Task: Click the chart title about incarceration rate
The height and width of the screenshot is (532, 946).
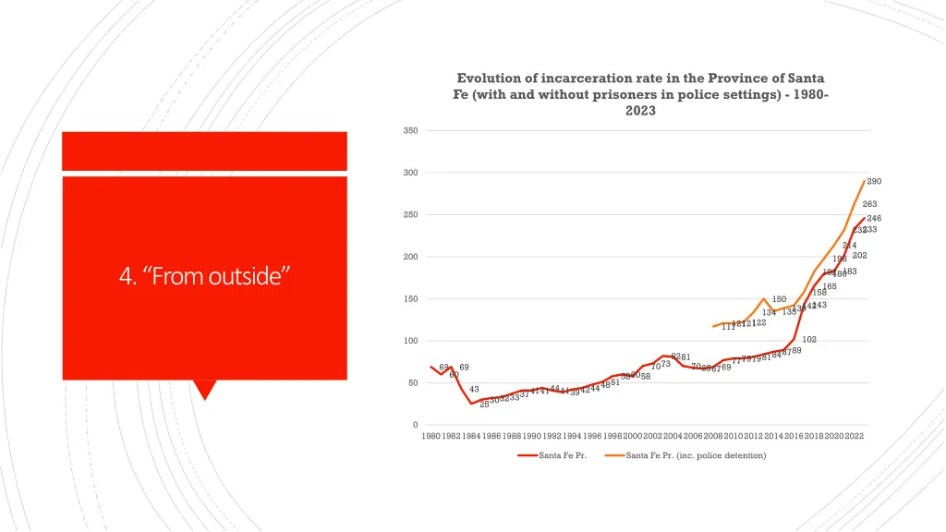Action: click(x=640, y=94)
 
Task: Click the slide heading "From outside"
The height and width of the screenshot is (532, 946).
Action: click(x=204, y=275)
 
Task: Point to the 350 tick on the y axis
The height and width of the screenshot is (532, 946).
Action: click(x=410, y=131)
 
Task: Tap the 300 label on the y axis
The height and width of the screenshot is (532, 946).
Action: click(x=410, y=173)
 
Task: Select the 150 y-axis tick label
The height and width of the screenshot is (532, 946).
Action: click(x=410, y=299)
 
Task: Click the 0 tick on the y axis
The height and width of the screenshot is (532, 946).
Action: click(x=415, y=425)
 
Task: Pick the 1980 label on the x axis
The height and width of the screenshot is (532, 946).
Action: click(x=431, y=436)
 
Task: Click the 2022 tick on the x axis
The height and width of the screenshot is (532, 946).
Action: click(x=854, y=436)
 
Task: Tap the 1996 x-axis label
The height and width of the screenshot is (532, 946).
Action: click(x=592, y=436)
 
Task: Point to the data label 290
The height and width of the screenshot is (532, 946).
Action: click(x=874, y=182)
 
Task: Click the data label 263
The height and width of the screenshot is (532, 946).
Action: click(x=869, y=204)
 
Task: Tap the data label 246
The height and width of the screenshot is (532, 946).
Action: click(x=874, y=218)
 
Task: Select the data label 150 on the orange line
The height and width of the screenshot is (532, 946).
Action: click(x=779, y=299)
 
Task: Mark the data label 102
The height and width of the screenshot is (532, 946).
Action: click(x=809, y=340)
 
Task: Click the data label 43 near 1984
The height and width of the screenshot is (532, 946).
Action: click(x=474, y=390)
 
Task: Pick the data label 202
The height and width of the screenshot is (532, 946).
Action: click(x=859, y=256)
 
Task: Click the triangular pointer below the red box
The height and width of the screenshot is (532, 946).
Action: click(x=205, y=389)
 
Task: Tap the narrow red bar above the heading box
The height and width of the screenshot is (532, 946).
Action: click(x=204, y=151)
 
